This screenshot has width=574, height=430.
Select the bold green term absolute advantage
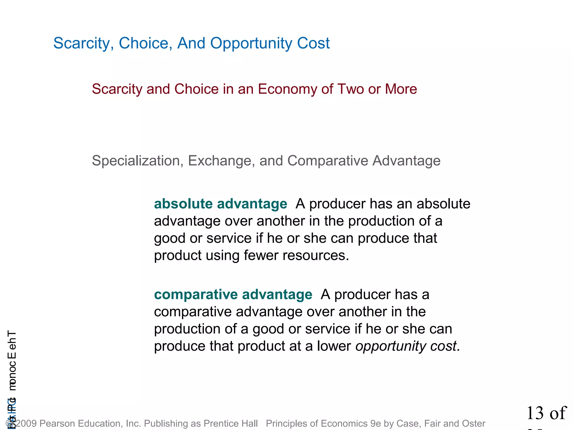click(221, 204)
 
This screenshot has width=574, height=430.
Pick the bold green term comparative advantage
click(233, 295)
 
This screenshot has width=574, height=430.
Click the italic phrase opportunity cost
click(406, 346)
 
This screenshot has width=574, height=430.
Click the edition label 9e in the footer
click(376, 424)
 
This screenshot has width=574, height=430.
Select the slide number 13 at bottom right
click(535, 413)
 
